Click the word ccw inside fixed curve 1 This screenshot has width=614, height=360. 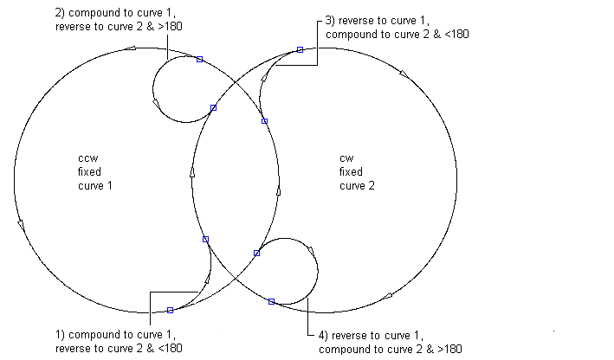point(87,158)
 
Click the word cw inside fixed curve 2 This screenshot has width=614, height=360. point(346,158)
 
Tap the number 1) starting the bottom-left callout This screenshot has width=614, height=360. point(61,335)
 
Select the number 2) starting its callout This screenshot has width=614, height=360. point(61,13)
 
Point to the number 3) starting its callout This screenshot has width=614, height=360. point(330,21)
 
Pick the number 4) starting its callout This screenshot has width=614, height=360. point(323,336)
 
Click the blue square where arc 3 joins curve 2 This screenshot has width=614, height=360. point(300,49)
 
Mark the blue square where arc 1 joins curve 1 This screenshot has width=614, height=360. point(170,311)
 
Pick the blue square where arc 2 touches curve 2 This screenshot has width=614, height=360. point(213,107)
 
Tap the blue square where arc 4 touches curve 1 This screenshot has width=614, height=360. point(256,254)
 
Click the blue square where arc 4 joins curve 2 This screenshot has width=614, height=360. point(271,302)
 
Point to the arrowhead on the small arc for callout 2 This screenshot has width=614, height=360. point(156,103)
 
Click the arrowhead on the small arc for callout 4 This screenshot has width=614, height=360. point(312,252)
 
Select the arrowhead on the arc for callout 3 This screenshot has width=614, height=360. point(264,78)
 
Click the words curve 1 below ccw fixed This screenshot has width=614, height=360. point(95,186)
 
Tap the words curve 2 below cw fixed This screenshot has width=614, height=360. point(357,186)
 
